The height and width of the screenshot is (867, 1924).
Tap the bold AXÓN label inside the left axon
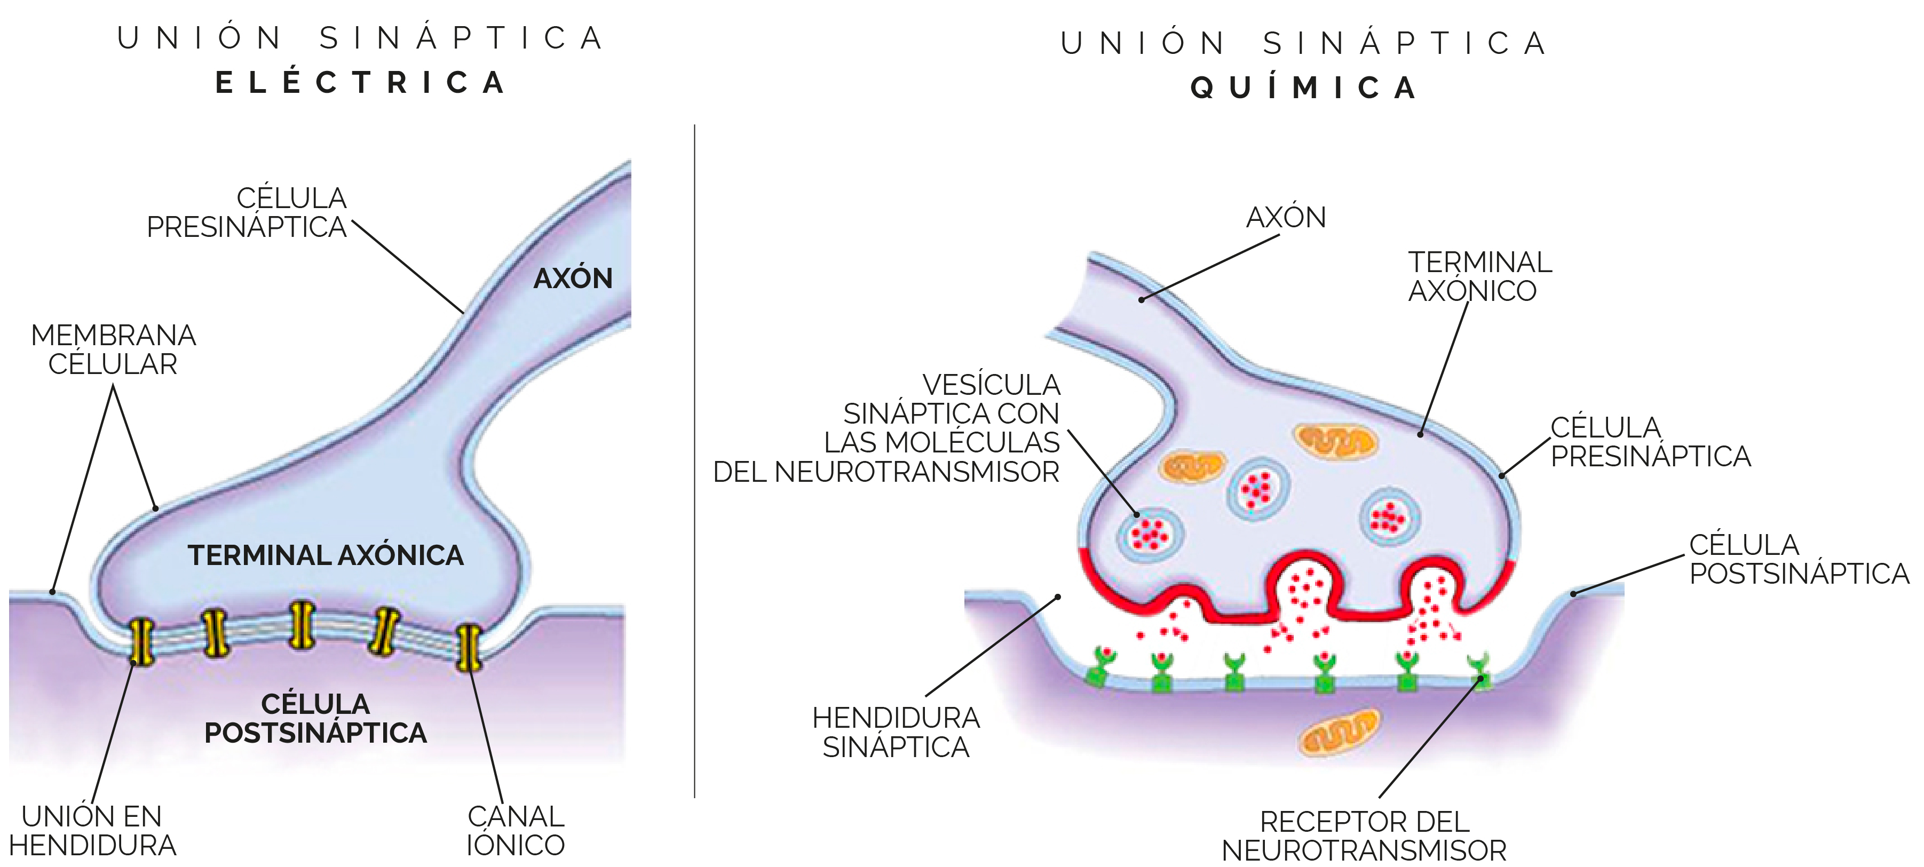[x=573, y=279]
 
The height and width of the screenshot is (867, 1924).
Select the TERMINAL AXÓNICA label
[x=326, y=555]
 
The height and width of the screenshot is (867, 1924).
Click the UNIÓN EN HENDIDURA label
[x=93, y=830]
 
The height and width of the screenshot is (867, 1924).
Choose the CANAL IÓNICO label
[x=516, y=830]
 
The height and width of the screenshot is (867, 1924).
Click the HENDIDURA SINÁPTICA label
[x=896, y=732]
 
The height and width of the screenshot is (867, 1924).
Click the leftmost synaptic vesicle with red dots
[x=1150, y=534]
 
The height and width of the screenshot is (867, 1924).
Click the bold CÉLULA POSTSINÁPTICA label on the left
[x=316, y=718]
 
